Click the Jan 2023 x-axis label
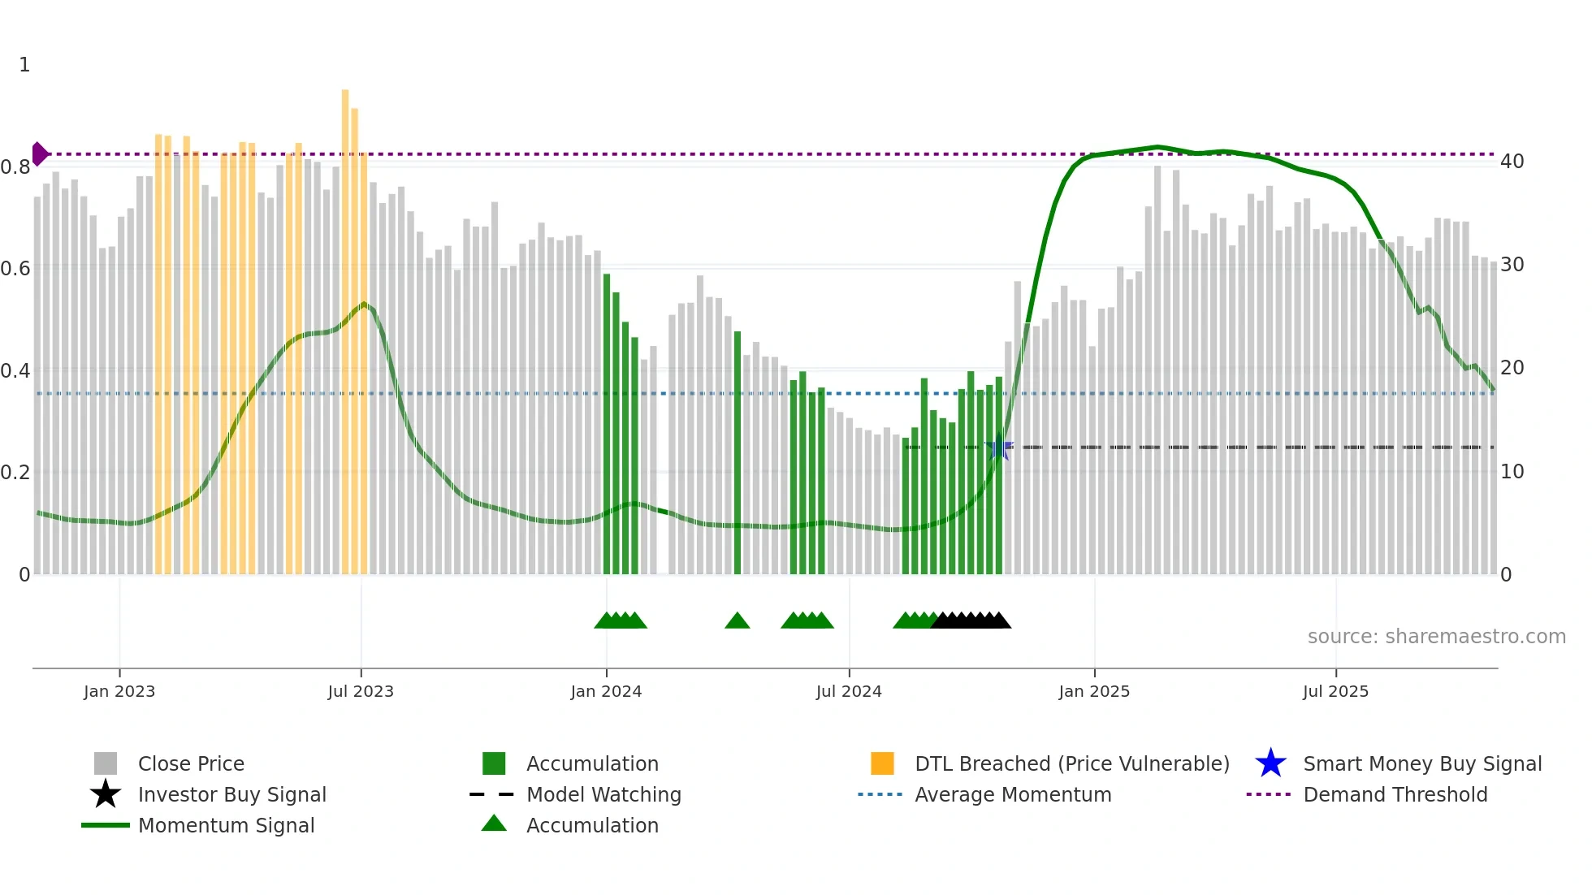tap(119, 691)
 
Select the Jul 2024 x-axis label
tap(849, 691)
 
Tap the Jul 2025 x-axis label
tap(1335, 691)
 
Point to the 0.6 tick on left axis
tap(15, 269)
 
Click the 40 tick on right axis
tap(1512, 162)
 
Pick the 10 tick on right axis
tap(1512, 472)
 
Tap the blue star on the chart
tap(999, 447)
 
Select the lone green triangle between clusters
tap(737, 621)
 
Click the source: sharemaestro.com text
tap(1436, 637)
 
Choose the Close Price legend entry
tap(191, 763)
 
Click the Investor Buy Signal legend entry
tap(231, 794)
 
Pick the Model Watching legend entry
tap(603, 794)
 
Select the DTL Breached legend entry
tap(1071, 763)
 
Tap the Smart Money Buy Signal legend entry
tap(1421, 763)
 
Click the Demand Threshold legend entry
tap(1395, 794)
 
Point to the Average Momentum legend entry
tap(1012, 794)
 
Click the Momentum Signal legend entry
tap(226, 825)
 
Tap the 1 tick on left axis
tap(24, 65)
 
